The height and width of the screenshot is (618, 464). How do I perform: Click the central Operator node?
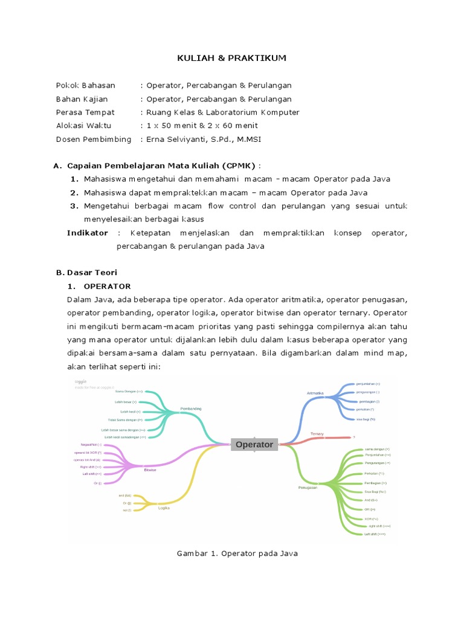pos(254,445)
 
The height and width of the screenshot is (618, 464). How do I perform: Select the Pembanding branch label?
pos(191,409)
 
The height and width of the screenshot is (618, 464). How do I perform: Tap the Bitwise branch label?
pos(150,470)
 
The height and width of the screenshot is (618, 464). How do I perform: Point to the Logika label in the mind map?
pos(164,508)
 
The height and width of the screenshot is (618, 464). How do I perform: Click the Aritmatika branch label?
pos(315,393)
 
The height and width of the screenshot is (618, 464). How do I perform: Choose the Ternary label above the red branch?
pos(318,433)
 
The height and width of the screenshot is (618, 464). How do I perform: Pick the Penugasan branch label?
pos(308,487)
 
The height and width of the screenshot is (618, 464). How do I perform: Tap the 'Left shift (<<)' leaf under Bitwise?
pos(92,474)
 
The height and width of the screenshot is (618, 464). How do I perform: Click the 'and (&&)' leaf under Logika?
pos(125,495)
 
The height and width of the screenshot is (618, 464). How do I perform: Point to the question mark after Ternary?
pos(354,438)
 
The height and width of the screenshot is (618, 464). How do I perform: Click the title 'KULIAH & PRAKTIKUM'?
pos(231,58)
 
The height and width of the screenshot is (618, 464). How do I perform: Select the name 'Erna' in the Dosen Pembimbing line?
pos(155,139)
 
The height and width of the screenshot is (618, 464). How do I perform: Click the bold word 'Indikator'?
pos(88,233)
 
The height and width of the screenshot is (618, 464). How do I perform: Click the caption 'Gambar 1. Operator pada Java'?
pos(237,553)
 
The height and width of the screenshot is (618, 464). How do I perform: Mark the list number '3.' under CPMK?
pos(75,206)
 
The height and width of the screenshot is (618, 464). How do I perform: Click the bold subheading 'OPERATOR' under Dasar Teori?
pos(107,286)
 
